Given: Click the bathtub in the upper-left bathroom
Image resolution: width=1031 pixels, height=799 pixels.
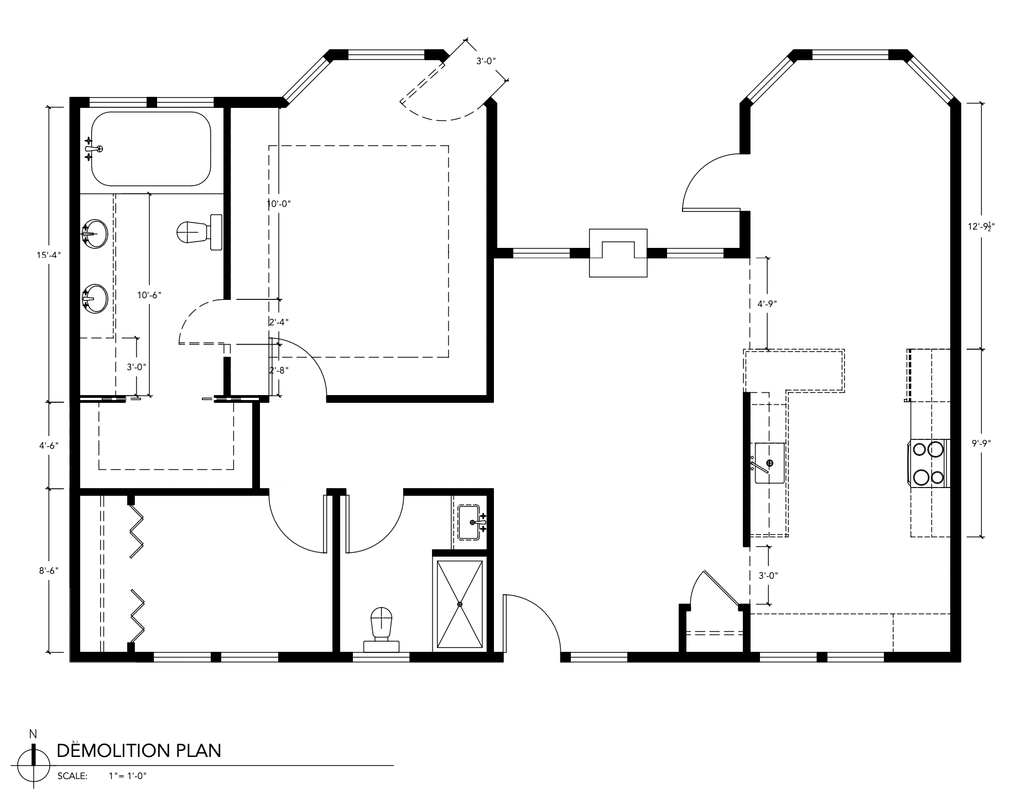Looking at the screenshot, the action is click(x=151, y=149).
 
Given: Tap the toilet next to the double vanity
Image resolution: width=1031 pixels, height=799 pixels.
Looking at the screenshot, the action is click(x=200, y=232).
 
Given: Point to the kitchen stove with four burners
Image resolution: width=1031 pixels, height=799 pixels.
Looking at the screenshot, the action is click(x=929, y=463).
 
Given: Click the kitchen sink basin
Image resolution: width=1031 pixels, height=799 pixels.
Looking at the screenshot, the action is click(x=769, y=463).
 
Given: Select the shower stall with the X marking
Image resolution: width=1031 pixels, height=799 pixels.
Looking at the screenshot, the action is click(x=460, y=604).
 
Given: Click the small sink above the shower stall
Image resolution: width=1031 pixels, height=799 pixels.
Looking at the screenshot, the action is click(x=472, y=522).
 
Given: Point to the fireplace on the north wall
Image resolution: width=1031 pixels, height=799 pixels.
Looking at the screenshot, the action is click(x=618, y=252).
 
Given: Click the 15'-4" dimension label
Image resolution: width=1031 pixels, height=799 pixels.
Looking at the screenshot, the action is click(x=46, y=255).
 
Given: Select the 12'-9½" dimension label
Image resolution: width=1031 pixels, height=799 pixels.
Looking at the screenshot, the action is click(x=982, y=226).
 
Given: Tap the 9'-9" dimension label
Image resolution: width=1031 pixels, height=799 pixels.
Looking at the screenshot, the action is click(x=981, y=443).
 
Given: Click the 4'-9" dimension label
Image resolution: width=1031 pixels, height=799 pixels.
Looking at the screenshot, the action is click(x=767, y=303).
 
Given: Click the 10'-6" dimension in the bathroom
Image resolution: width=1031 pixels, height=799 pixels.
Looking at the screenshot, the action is click(x=149, y=295).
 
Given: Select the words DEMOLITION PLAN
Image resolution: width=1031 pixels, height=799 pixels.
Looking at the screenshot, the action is click(x=139, y=750).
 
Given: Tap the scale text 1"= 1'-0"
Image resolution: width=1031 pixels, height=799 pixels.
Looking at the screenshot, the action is click(x=128, y=776).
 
